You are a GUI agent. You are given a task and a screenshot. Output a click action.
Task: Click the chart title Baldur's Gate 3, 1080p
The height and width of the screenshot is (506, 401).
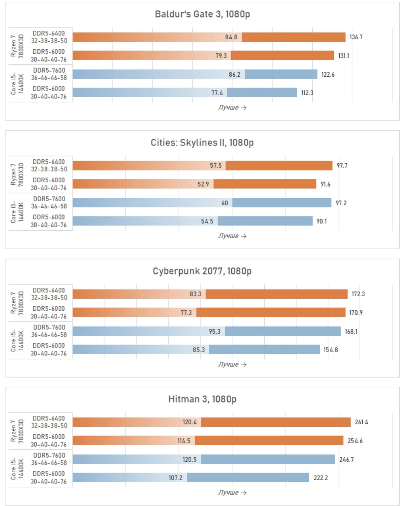point(202,14)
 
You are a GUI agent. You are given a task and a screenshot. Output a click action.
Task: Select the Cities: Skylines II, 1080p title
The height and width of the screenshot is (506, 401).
point(202,143)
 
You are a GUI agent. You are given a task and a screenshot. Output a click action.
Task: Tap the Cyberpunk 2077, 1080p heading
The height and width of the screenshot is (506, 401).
point(202,271)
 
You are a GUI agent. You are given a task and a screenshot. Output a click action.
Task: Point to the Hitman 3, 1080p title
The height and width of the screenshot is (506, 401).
point(202,399)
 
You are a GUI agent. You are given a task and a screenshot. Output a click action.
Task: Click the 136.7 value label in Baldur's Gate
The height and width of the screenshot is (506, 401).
point(356,37)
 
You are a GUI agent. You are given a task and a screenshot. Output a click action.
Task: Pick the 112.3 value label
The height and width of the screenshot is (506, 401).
point(307,93)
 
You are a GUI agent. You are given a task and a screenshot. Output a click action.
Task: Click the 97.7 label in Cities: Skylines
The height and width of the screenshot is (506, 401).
point(342,166)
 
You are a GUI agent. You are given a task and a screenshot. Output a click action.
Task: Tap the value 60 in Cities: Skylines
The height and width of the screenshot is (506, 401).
point(225,202)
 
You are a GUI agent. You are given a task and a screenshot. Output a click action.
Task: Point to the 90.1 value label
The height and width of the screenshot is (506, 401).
point(321,221)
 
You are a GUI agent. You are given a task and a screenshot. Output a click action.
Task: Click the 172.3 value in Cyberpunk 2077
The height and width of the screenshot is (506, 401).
point(358,294)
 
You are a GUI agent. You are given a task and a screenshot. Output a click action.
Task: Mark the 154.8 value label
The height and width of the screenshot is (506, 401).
point(331,350)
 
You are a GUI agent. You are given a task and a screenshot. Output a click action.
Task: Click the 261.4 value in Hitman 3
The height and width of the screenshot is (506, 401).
point(361,422)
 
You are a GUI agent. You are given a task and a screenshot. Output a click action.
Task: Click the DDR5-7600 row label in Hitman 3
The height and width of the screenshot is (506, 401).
point(49,459)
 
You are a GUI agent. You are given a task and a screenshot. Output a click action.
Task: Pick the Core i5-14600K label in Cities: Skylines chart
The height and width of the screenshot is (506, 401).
point(16,212)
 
